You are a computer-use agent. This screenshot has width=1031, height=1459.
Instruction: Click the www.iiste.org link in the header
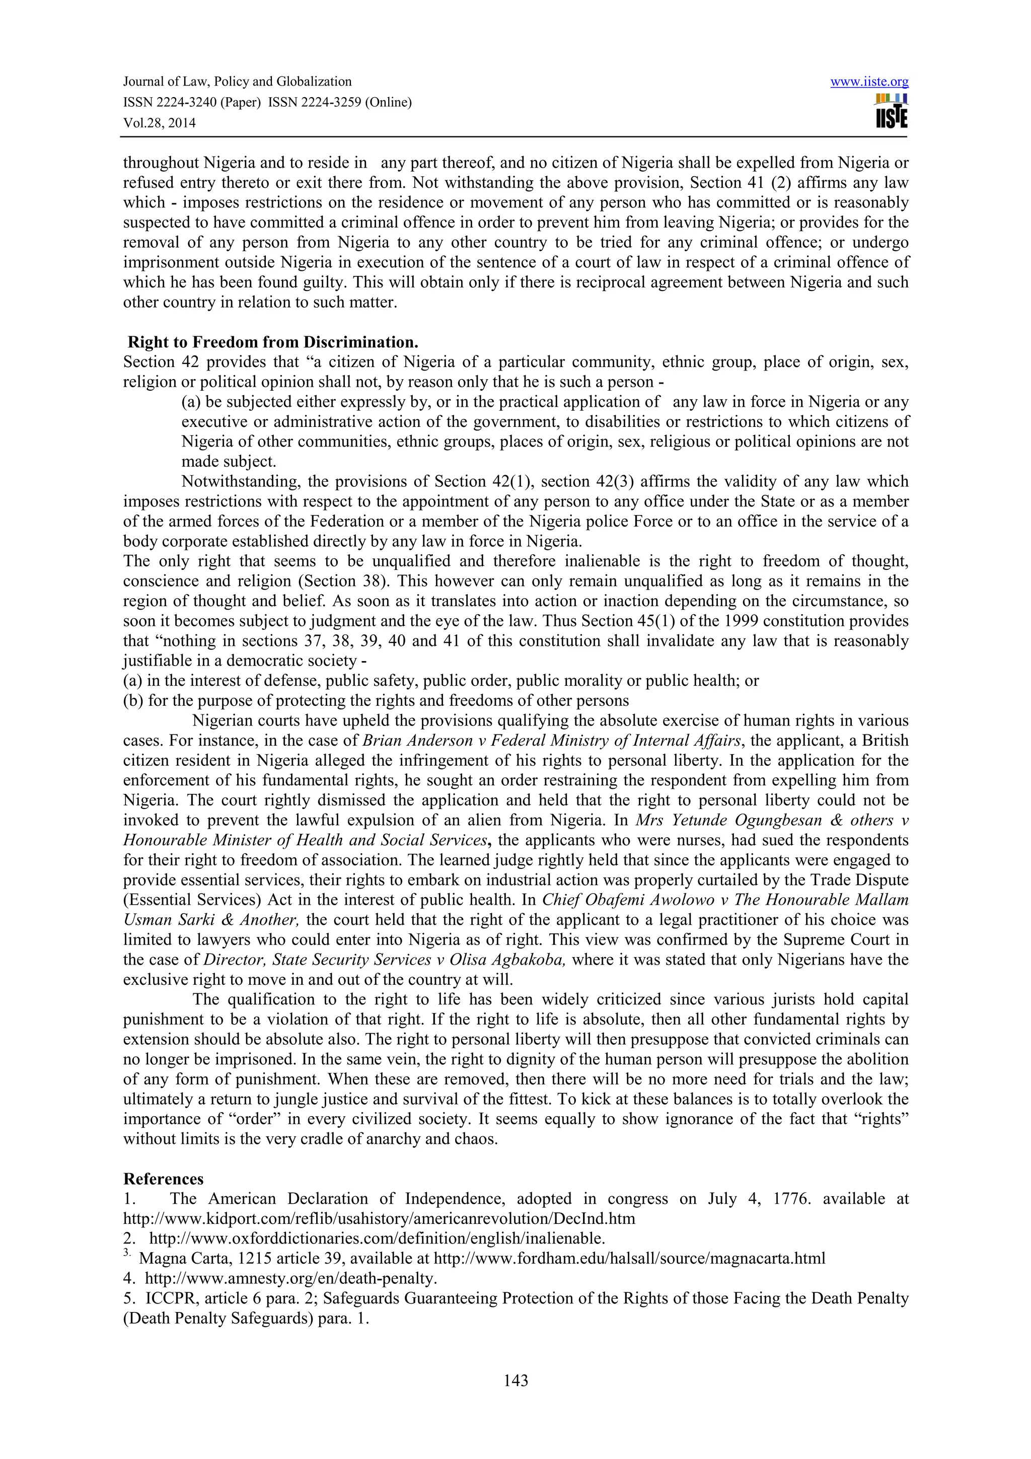pyautogui.click(x=869, y=82)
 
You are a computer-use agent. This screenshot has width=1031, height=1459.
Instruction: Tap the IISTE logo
pyautogui.click(x=891, y=112)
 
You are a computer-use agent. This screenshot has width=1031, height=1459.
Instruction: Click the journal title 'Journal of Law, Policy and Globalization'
pyautogui.click(x=237, y=82)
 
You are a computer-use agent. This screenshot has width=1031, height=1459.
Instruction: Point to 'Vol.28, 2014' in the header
pyautogui.click(x=160, y=123)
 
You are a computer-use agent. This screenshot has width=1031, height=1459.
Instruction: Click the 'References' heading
pyautogui.click(x=163, y=1179)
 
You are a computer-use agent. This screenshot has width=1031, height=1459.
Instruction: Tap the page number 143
pyautogui.click(x=515, y=1380)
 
